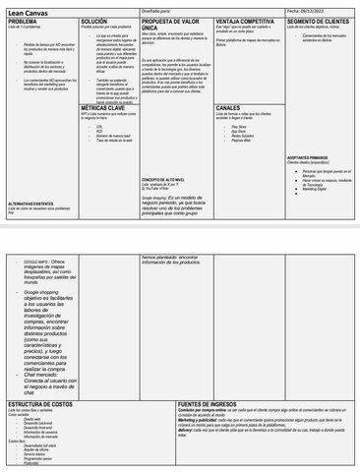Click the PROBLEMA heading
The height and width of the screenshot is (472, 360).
click(23, 21)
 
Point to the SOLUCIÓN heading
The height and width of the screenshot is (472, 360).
click(95, 21)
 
